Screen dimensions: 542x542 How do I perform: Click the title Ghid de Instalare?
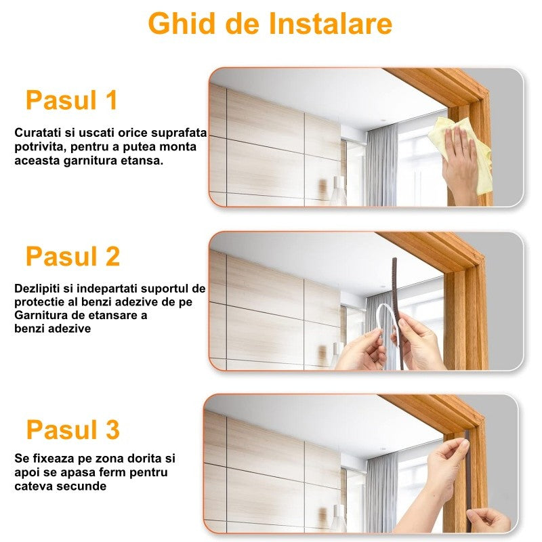click(270, 24)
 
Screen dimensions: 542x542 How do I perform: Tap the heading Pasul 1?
click(72, 100)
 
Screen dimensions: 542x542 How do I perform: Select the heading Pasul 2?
click(73, 256)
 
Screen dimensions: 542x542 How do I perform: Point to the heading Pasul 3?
click(73, 430)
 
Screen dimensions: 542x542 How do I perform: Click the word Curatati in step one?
click(38, 132)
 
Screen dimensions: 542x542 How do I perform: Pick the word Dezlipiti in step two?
click(37, 289)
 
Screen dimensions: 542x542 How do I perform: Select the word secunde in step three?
click(81, 486)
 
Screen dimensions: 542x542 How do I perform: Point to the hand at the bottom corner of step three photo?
click(489, 520)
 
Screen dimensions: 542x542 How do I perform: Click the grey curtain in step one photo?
click(381, 165)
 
